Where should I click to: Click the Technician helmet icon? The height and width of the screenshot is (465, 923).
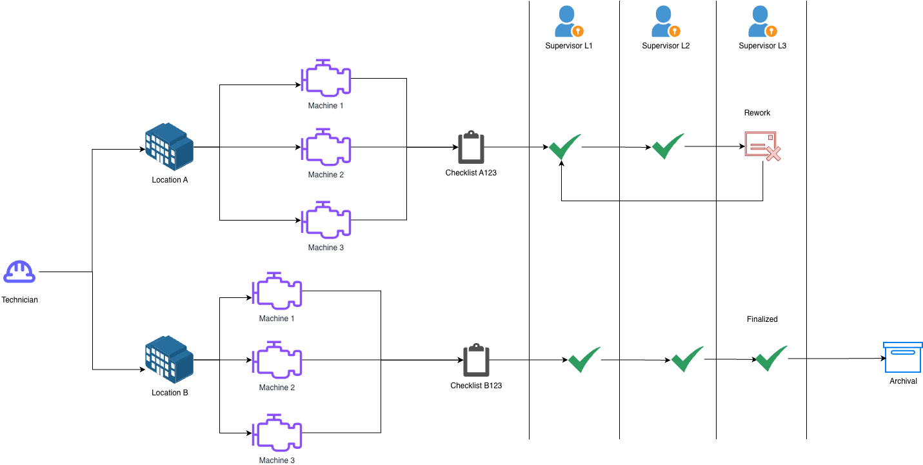point(19,272)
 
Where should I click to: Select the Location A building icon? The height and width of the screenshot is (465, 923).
point(169,146)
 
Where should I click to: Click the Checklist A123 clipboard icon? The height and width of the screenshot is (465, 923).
point(471,148)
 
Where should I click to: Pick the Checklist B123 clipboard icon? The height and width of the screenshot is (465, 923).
point(476,360)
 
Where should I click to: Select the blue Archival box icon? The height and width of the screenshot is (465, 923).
point(902,357)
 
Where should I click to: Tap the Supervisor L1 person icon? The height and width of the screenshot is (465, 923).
point(568,21)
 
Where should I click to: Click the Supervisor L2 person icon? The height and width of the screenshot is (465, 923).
point(665,21)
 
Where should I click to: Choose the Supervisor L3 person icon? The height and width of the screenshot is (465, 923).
point(762,21)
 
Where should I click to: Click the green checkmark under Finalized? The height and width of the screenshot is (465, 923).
point(771,359)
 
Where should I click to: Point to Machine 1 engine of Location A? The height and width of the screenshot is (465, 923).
point(326,79)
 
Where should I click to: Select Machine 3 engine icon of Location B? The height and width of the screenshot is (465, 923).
point(277,433)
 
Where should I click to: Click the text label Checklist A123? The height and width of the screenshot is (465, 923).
point(471,173)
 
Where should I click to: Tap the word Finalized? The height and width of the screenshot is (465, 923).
point(762,319)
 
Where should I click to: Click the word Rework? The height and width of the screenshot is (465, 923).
point(757,113)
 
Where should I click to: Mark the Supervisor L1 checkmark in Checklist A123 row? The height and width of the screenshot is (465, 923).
point(564,147)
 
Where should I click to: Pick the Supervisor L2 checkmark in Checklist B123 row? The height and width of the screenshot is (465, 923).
point(687,359)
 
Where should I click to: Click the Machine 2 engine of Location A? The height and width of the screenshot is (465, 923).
point(326,148)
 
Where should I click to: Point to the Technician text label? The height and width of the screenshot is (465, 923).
point(19,300)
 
